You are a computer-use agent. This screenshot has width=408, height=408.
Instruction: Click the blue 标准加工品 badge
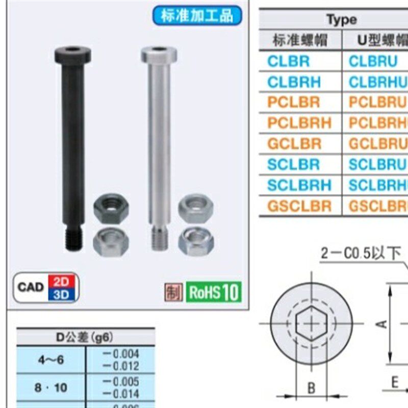pyautogui.click(x=197, y=15)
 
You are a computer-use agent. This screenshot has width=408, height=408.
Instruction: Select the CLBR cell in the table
pyautogui.click(x=289, y=61)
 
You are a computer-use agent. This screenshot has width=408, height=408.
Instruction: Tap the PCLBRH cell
pyautogui.click(x=299, y=123)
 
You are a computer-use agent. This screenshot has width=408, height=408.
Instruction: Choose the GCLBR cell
pyautogui.click(x=294, y=144)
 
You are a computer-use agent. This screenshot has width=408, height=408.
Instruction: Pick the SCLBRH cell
pyautogui.click(x=299, y=185)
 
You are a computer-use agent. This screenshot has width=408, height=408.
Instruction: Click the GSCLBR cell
pyautogui.click(x=299, y=206)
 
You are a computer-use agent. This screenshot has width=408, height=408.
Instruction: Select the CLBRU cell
pyautogui.click(x=373, y=61)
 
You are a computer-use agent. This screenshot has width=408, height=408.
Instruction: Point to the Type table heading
pyautogui.click(x=341, y=20)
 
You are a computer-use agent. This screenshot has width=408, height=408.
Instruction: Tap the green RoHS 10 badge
pyautogui.click(x=213, y=292)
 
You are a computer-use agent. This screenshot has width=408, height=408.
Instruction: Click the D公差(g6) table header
pyautogui.click(x=85, y=337)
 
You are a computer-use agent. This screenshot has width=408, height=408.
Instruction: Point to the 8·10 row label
pyautogui.click(x=51, y=388)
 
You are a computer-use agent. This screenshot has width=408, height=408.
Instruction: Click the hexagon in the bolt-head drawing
pyautogui.click(x=311, y=323)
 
